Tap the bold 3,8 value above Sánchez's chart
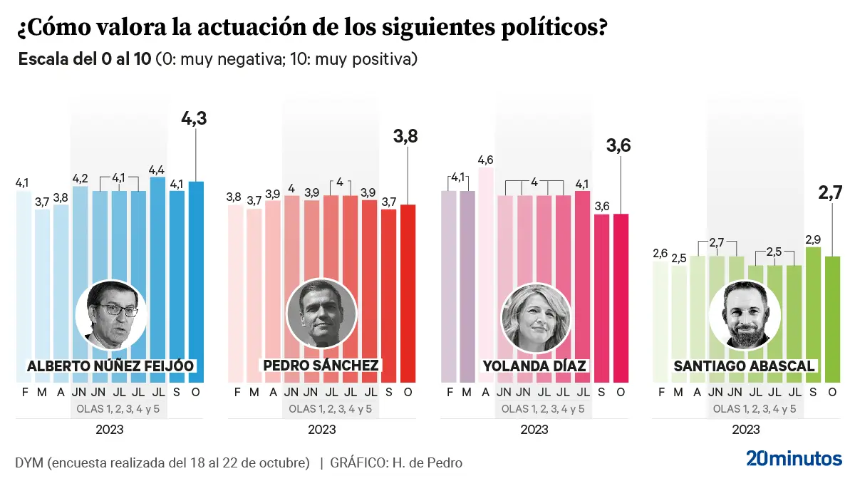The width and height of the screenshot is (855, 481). (x=408, y=135)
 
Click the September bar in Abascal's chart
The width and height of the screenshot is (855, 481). (x=812, y=314)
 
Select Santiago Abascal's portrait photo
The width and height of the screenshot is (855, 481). (x=741, y=314)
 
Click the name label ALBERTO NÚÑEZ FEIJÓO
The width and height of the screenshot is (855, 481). (x=110, y=366)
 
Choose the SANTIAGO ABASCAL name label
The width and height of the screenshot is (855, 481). (x=743, y=366)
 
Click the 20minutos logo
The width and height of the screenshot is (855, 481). (x=794, y=458)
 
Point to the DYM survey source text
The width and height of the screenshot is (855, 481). (x=162, y=462)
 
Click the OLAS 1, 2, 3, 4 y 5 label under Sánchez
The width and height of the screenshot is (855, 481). (x=330, y=409)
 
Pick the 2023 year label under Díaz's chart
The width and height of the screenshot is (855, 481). (x=534, y=430)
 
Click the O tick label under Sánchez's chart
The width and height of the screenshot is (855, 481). (x=408, y=392)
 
